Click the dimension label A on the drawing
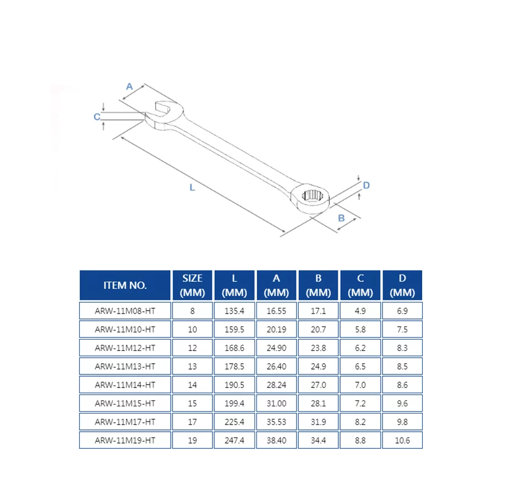129,86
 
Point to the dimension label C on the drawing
97,117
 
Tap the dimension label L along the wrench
192,187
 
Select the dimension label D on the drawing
366,185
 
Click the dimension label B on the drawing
341,218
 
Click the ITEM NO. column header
125,285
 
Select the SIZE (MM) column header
192,285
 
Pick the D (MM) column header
403,285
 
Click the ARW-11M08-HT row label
125,311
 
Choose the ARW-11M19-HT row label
125,439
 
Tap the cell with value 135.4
234,311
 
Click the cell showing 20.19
276,329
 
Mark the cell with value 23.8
319,348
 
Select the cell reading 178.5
234,366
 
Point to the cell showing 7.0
360,384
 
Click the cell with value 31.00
276,403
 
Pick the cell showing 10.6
403,439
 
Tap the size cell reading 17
192,421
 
